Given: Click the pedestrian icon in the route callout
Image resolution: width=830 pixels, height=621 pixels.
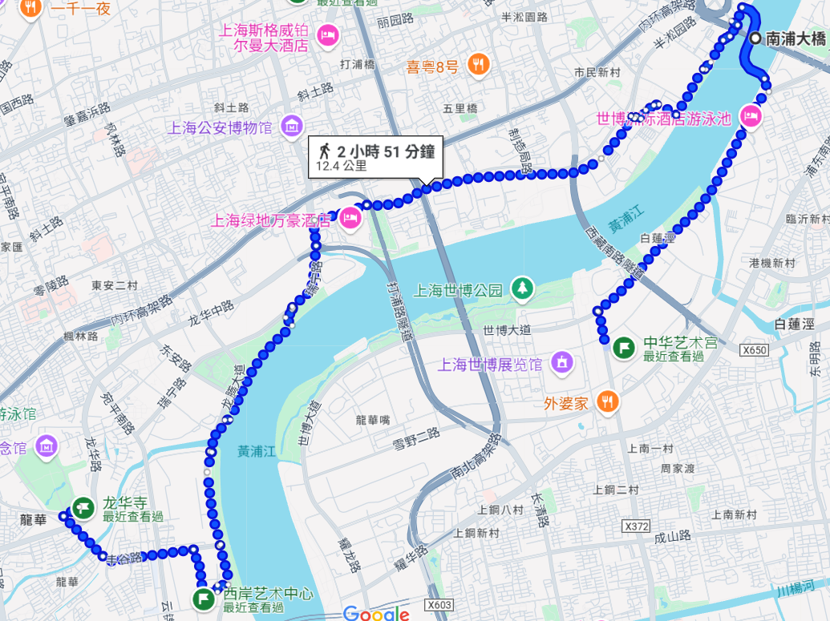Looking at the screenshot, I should click(x=325, y=151).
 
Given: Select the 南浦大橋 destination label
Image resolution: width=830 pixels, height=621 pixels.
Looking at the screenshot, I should click(x=796, y=38).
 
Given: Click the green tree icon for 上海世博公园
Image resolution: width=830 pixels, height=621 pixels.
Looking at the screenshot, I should click(x=523, y=288).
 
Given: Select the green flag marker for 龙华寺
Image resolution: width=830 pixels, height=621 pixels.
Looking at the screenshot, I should click(x=82, y=507).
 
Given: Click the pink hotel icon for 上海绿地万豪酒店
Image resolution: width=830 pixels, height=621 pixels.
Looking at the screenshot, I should click(x=350, y=218).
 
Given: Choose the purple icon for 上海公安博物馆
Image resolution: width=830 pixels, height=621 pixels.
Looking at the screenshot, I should click(x=293, y=126).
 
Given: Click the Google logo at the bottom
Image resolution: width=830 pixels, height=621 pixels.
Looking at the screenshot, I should click(x=376, y=613).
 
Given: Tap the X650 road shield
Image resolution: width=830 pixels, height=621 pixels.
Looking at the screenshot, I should click(x=755, y=350).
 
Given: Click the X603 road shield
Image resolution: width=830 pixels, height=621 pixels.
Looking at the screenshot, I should click(x=439, y=605).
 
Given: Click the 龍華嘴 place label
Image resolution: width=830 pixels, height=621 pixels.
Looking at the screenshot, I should click(x=373, y=419).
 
